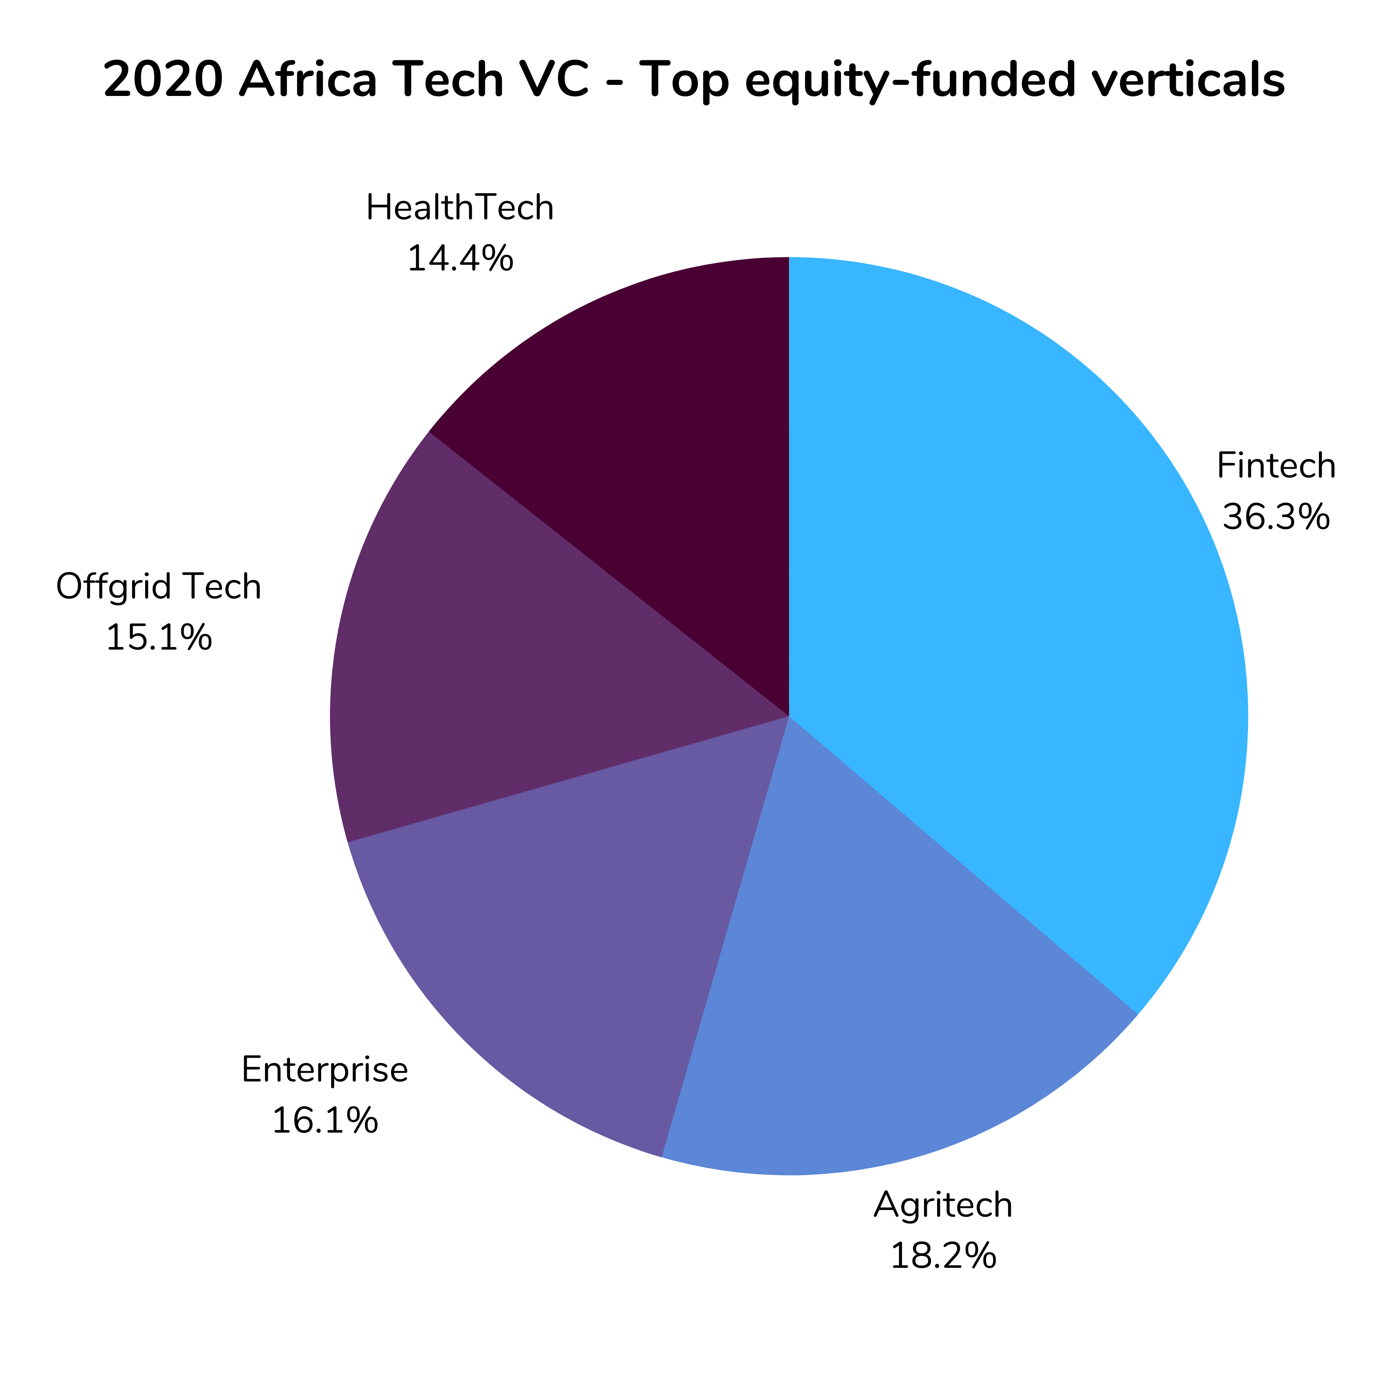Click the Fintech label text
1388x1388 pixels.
1276,466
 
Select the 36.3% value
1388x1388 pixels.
1276,517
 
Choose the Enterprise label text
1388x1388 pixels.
325,1070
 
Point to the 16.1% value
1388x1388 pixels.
325,1121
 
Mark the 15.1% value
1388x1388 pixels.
159,637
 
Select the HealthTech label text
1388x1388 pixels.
460,208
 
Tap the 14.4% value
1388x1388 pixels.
460,259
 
